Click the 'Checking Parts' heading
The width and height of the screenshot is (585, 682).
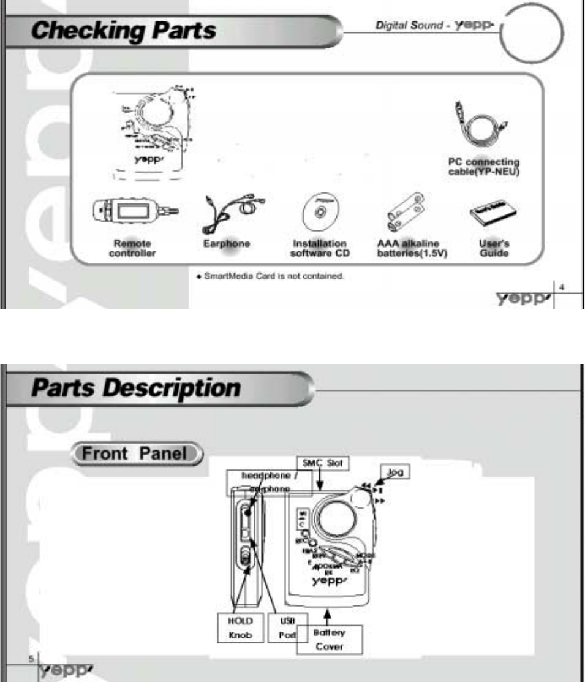(x=124, y=29)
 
